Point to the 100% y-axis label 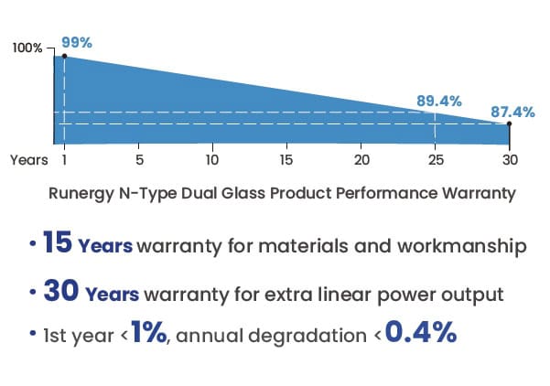click(27, 48)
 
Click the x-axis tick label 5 click(138, 160)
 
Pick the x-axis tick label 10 click(212, 160)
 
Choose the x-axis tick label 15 click(286, 160)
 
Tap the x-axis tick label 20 click(361, 160)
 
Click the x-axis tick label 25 click(436, 160)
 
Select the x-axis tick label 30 click(510, 160)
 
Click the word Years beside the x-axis click(29, 160)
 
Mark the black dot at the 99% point click(63, 56)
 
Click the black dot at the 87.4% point click(510, 123)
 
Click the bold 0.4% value click(420, 333)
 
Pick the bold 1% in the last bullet click(147, 333)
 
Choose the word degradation click(314, 336)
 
